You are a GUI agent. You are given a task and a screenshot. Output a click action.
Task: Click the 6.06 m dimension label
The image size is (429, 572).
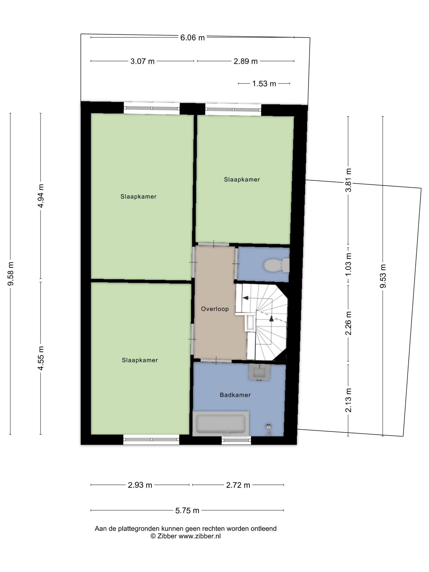click(x=192, y=38)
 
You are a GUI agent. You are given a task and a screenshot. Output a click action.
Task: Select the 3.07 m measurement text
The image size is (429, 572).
click(x=142, y=61)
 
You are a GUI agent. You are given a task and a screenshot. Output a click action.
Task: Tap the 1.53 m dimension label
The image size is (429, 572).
click(x=264, y=84)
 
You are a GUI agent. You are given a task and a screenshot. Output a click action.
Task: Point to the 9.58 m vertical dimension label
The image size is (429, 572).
click(x=11, y=274)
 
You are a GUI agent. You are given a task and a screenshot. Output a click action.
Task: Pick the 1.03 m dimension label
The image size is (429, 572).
click(x=348, y=264)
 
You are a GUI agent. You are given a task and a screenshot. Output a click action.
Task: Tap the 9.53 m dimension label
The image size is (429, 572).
click(x=383, y=276)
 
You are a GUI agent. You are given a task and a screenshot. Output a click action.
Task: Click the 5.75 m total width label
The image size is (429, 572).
click(x=187, y=511)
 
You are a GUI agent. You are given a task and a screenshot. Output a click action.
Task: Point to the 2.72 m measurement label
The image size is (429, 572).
click(x=238, y=485)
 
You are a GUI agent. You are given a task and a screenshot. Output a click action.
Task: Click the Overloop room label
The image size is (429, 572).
click(x=215, y=309)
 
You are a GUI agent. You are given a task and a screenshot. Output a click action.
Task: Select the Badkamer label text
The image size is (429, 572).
click(x=235, y=395)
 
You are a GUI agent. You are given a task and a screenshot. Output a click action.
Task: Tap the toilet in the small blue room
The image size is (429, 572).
click(x=276, y=265)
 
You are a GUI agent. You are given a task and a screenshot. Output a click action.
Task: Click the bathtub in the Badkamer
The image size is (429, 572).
click(x=221, y=423)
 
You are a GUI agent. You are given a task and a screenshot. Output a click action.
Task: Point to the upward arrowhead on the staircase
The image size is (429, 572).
click(x=271, y=318)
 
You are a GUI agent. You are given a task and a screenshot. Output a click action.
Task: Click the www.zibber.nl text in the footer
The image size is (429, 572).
click(x=200, y=536)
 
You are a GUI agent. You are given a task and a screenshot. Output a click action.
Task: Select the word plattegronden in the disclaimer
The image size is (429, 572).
click(x=138, y=528)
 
